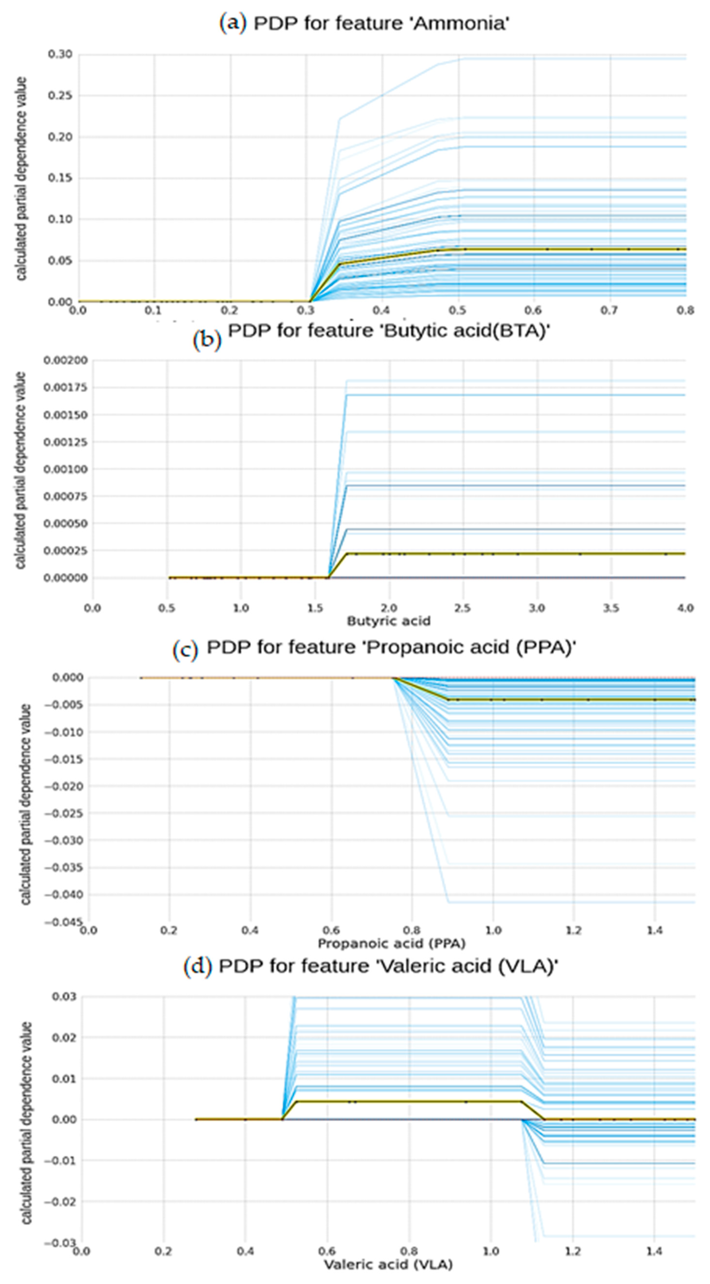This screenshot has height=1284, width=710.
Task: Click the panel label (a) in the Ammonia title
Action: [233, 23]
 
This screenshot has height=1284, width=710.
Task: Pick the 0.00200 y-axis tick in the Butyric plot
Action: [65, 360]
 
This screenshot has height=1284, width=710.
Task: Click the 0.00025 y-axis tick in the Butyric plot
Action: [65, 551]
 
